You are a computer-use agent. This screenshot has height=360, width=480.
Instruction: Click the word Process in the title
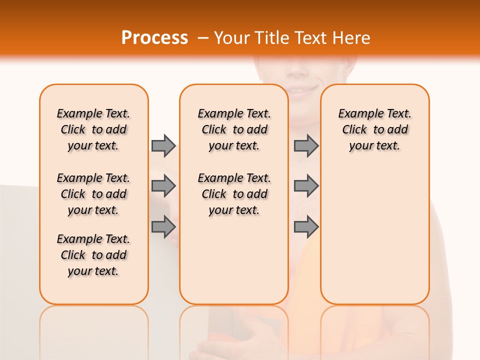(x=154, y=37)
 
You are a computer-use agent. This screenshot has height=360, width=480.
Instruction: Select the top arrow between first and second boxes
(x=163, y=145)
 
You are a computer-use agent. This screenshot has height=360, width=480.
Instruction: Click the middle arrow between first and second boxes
(x=163, y=186)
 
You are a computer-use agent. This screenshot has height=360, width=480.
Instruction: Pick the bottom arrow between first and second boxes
(x=163, y=227)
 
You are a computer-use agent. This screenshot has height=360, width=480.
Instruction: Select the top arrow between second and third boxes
(x=306, y=145)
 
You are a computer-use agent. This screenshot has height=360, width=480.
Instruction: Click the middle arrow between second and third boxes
(x=306, y=186)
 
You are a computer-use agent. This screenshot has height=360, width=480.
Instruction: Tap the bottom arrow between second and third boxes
(x=306, y=227)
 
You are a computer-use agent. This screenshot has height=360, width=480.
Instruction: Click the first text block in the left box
(x=93, y=129)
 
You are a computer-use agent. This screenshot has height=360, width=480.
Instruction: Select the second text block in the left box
(x=93, y=194)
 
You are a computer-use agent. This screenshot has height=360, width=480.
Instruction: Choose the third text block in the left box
(x=93, y=255)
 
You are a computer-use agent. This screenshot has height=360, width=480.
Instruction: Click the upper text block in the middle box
(x=234, y=129)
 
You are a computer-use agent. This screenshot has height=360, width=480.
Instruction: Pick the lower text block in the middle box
(x=234, y=194)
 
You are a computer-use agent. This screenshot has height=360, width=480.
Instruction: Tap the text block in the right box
(x=374, y=129)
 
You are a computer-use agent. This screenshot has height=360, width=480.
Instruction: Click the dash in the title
(x=203, y=38)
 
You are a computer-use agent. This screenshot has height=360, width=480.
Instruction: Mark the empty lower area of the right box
(x=374, y=240)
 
